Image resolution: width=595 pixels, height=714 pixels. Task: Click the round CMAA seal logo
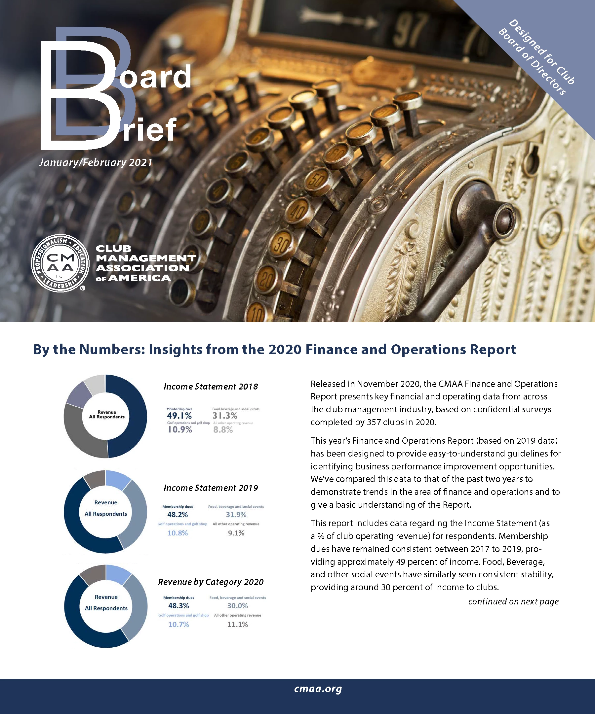point(58,263)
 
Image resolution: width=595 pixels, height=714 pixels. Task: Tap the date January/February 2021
point(95,162)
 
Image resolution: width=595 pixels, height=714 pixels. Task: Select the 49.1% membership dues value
point(179,416)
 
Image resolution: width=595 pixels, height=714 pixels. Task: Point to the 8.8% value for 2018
point(223,430)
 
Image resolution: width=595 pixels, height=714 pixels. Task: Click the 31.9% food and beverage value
point(236,515)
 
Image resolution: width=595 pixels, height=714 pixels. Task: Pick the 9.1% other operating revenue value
point(236,533)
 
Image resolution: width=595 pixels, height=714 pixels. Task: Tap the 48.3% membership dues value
point(178,605)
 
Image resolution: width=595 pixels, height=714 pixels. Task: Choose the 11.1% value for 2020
point(237,624)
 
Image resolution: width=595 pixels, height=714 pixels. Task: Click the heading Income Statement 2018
point(211,387)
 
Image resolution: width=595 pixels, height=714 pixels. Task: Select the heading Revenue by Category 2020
point(211,582)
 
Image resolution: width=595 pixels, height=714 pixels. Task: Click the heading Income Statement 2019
point(211,488)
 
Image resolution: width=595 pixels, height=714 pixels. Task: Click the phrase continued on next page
point(513,601)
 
